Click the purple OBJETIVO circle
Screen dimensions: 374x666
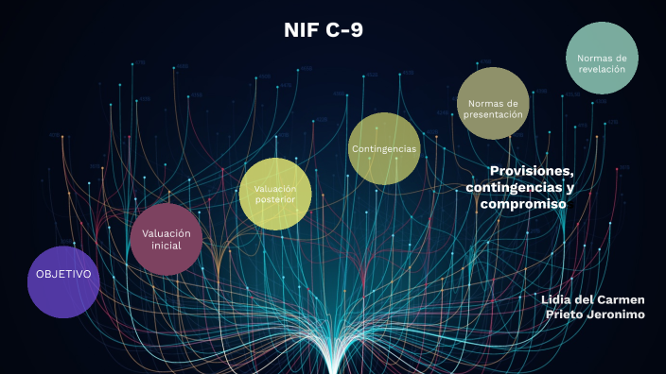click(x=63, y=281)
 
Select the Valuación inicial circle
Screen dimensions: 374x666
click(x=166, y=239)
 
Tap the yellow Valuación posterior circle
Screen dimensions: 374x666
click(x=275, y=194)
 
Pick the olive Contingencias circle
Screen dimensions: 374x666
click(x=383, y=148)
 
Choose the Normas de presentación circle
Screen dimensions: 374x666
click(x=492, y=103)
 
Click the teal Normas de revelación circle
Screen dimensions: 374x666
click(x=602, y=58)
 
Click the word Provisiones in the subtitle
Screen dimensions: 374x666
click(x=532, y=170)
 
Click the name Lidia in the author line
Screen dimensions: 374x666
click(x=559, y=299)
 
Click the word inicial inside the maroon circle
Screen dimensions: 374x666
click(x=166, y=246)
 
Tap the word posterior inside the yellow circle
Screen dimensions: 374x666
click(x=275, y=200)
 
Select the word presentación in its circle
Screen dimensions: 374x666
click(x=493, y=113)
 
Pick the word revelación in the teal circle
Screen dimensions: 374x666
click(x=602, y=68)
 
